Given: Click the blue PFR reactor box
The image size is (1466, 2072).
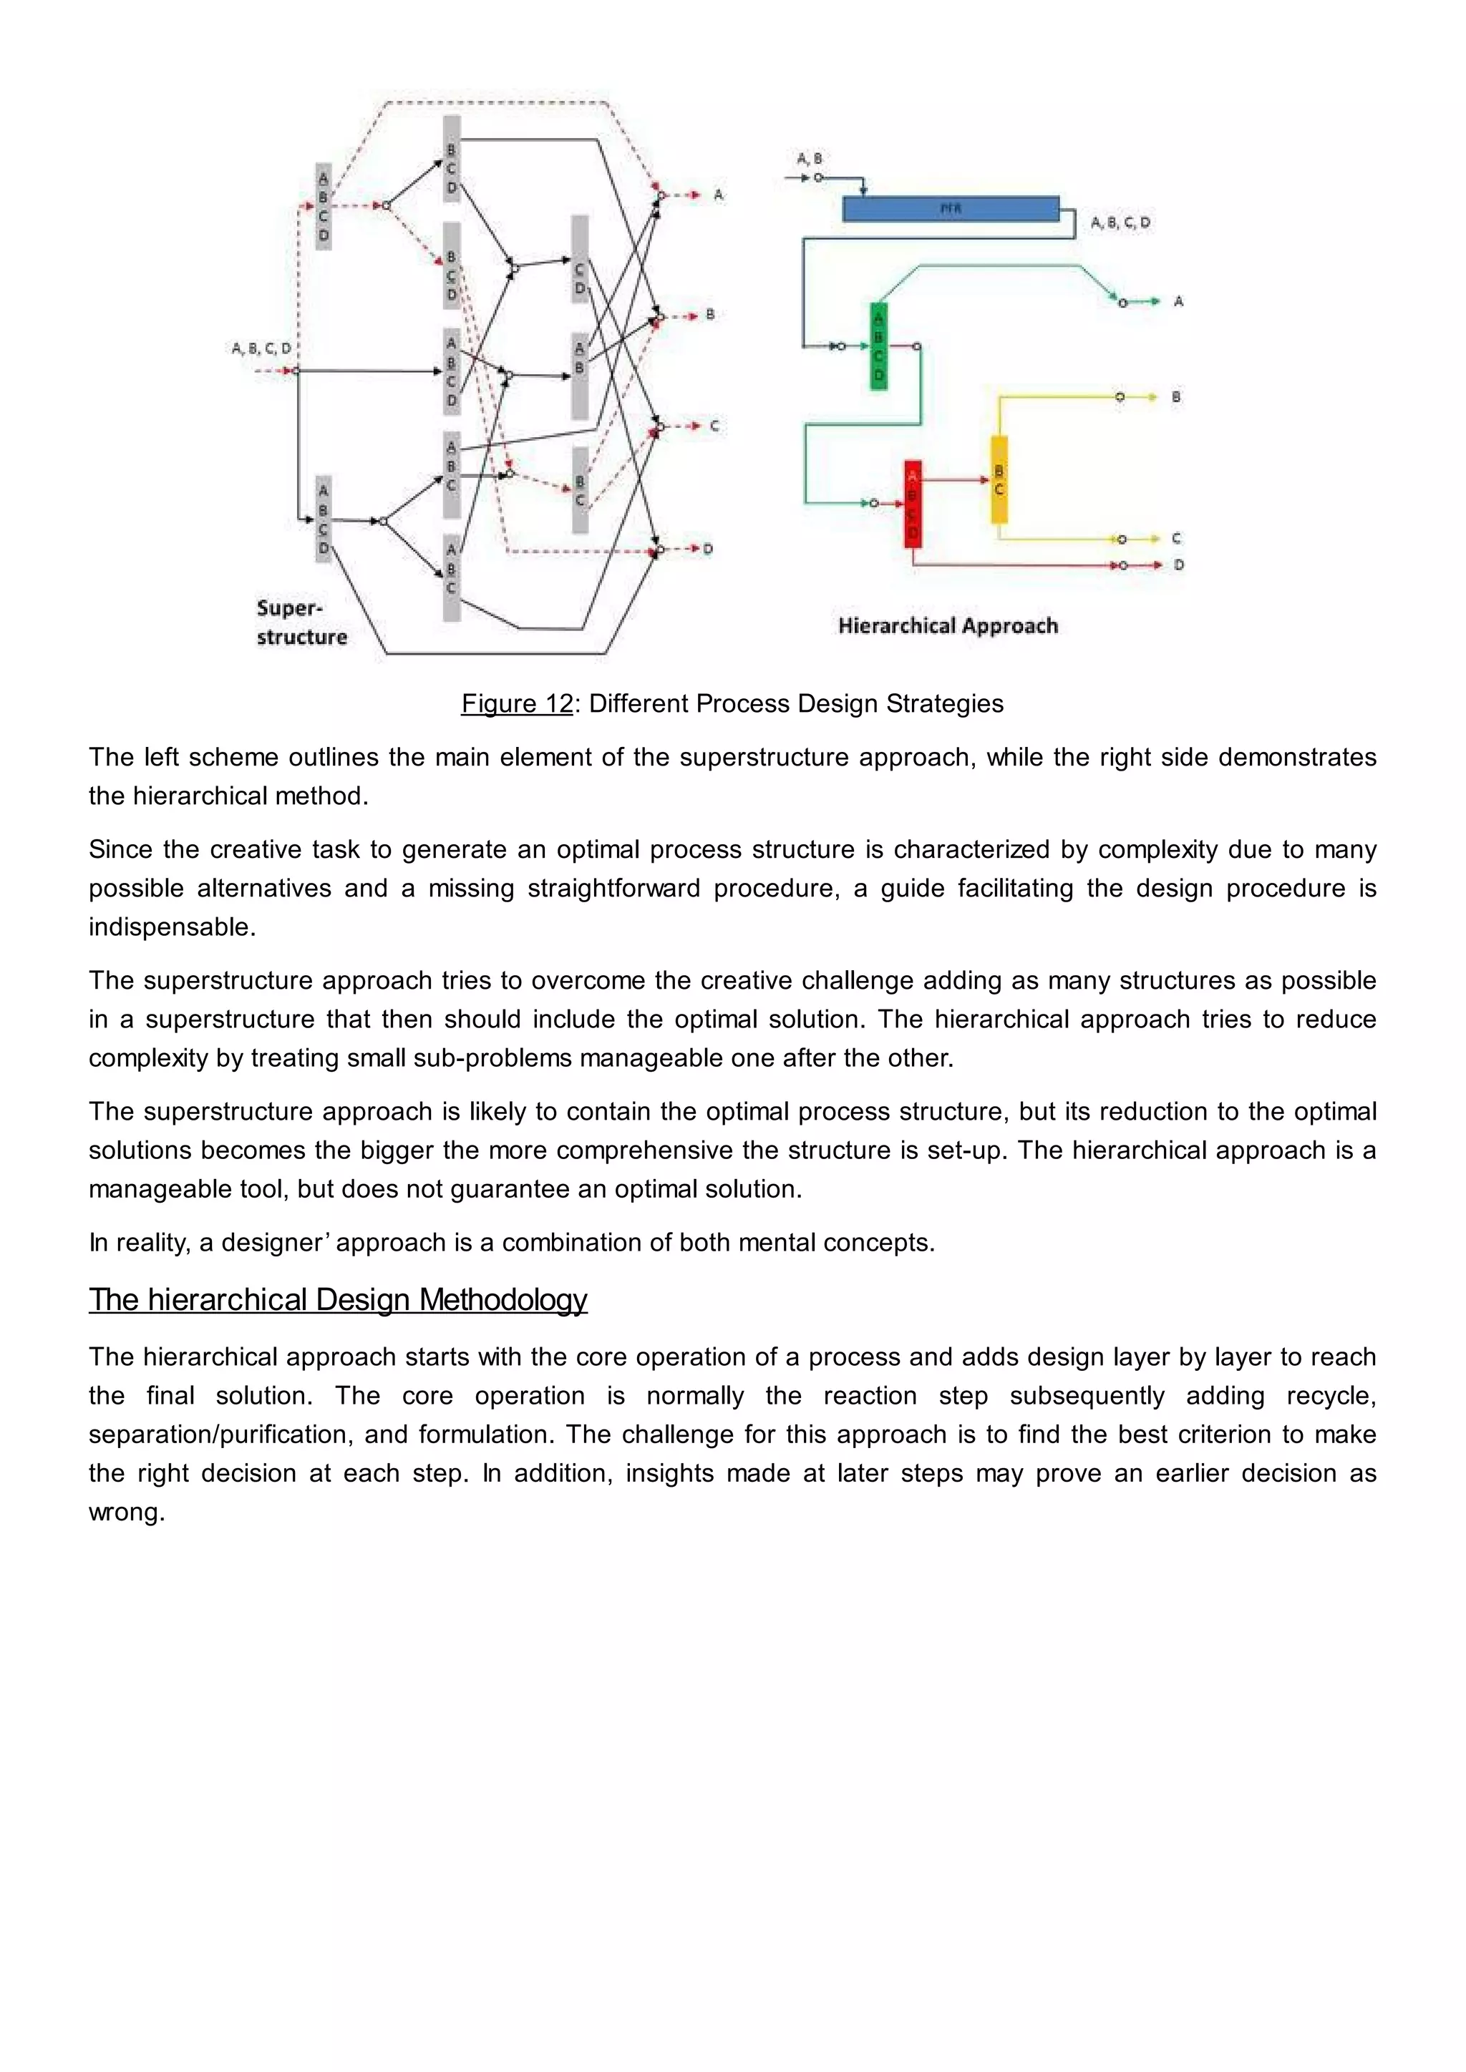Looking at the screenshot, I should coord(950,208).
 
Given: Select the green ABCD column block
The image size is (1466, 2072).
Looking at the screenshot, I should coord(878,346).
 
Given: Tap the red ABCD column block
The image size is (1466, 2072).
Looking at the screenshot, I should coord(913,504).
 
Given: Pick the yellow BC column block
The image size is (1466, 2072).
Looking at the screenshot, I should coord(999,480).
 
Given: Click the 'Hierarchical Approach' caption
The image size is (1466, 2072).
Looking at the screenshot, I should coord(947,625).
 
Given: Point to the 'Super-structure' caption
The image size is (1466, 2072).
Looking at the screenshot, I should coord(301,622).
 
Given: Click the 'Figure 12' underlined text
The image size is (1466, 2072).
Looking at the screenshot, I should coord(516,704).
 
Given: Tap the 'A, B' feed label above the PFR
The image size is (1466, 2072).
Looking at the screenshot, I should coord(809,158).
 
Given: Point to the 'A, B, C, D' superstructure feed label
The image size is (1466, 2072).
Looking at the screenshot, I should coord(262,348).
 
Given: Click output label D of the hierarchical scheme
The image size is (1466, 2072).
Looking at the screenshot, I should coord(1179,565).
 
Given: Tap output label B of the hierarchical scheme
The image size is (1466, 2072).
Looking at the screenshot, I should coord(1176,396).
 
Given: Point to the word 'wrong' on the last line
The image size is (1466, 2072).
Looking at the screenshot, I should coord(125,1512).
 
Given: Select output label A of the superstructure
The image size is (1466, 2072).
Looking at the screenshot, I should coord(719,195).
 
